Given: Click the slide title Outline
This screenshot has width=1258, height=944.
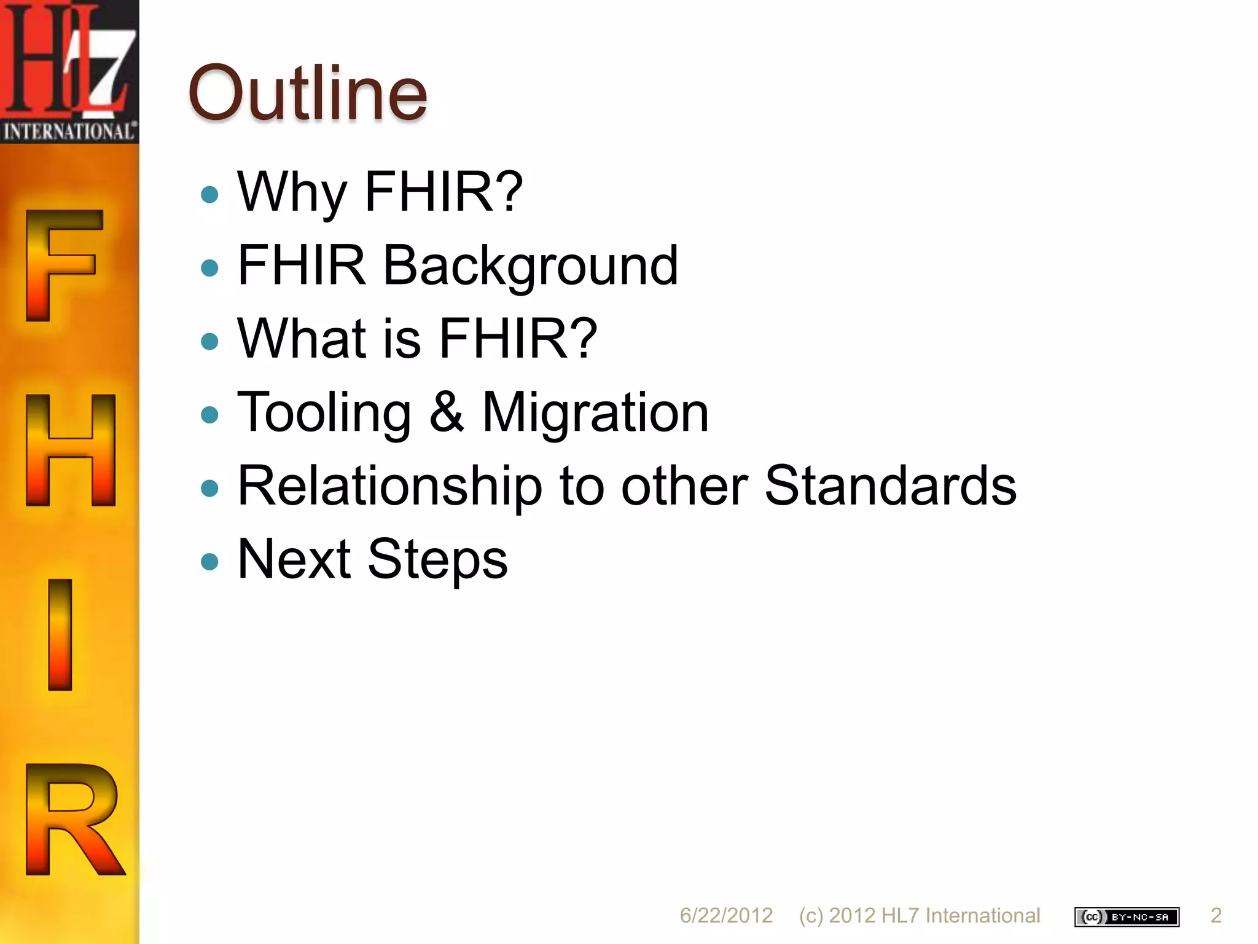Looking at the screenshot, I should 307,93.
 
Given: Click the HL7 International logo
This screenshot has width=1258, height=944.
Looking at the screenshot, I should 69,71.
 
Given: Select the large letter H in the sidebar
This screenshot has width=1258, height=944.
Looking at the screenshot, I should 70,450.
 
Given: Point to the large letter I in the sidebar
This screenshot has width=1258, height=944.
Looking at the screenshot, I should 60,634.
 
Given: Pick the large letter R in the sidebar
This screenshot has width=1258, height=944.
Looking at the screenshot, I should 73,819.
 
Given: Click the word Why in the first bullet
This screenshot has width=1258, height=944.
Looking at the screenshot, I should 292,192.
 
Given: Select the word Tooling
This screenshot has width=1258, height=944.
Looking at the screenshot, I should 324,413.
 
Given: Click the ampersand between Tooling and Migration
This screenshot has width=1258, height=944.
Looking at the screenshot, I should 446,412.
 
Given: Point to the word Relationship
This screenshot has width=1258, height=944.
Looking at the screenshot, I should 389,486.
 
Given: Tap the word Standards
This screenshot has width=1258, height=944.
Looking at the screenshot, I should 890,486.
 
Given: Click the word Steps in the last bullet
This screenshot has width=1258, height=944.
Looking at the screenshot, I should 437,560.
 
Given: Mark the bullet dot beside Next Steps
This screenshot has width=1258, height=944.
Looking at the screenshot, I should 210,561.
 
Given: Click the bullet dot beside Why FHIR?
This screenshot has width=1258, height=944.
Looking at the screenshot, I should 210,194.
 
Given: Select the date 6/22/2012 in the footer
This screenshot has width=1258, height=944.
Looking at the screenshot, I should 726,916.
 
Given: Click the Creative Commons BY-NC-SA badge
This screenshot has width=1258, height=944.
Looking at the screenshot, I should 1127,917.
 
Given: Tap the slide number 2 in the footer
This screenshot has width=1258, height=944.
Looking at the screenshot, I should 1216,916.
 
